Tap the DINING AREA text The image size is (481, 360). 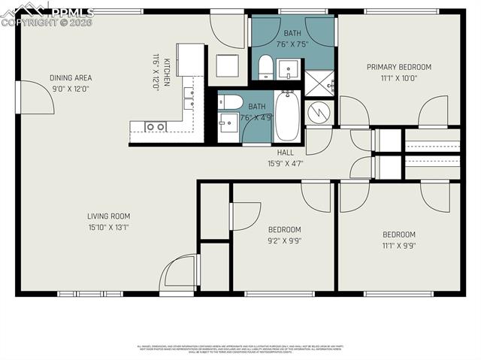(70, 77)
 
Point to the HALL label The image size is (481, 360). (285, 152)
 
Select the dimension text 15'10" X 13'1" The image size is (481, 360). (109, 227)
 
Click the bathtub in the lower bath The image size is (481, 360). (287, 116)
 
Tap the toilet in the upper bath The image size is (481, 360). (265, 68)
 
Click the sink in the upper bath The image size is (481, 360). (289, 71)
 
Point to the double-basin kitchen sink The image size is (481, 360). (156, 127)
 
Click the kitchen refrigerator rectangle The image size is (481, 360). (190, 59)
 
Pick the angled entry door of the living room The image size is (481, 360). (180, 272)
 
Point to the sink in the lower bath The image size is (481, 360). (228, 122)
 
